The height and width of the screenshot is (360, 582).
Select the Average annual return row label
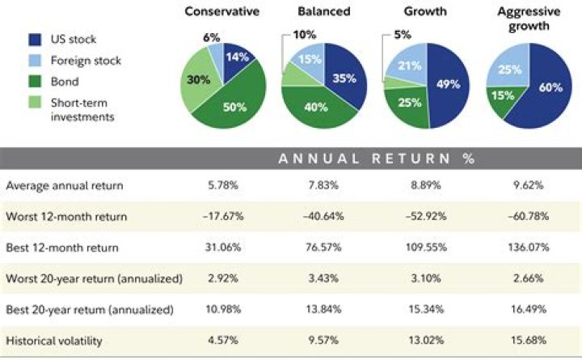click(65, 185)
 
